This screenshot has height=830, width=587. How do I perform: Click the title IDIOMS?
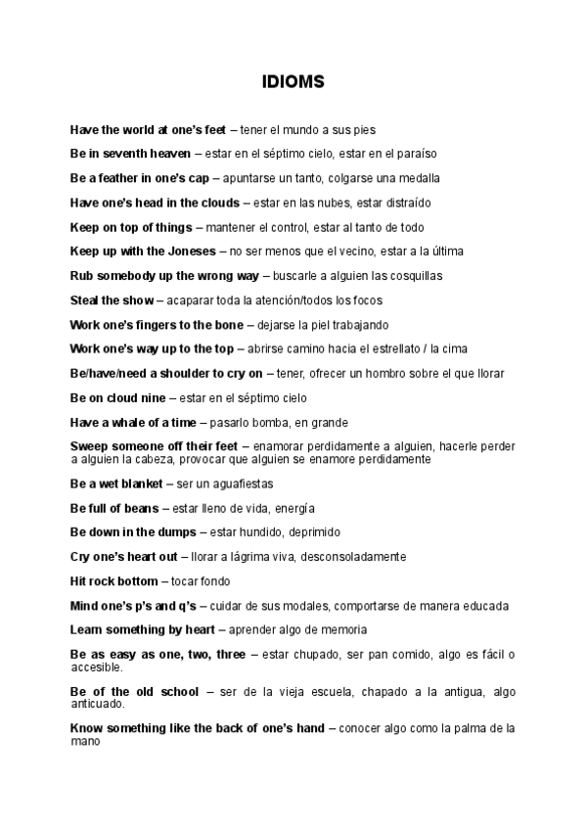click(293, 83)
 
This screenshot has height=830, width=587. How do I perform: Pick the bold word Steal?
click(86, 300)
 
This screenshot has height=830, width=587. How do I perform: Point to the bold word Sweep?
click(90, 446)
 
